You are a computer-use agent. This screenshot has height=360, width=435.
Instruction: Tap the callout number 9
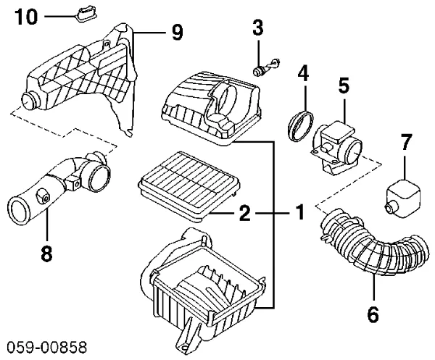[177, 32]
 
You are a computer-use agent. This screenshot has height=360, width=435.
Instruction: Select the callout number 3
[257, 30]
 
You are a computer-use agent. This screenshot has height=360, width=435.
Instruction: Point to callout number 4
[303, 73]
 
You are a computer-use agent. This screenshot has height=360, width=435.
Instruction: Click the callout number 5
[344, 85]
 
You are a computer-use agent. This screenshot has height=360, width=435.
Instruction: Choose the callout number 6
[373, 315]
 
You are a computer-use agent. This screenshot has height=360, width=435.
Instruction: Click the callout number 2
[244, 214]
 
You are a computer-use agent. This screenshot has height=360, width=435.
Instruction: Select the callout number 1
[298, 214]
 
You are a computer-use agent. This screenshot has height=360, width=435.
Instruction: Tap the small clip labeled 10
[86, 12]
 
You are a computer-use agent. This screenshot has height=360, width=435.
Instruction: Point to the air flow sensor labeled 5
[336, 141]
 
